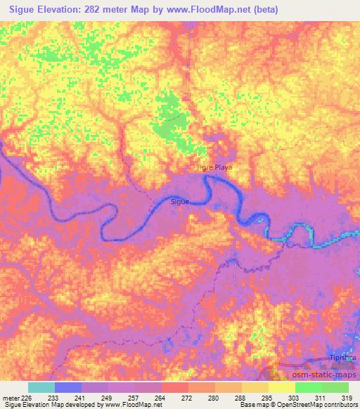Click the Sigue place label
181,202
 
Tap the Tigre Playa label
214,168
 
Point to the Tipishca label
344,358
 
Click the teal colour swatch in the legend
41,387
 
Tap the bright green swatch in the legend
309,387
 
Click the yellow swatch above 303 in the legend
282,387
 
